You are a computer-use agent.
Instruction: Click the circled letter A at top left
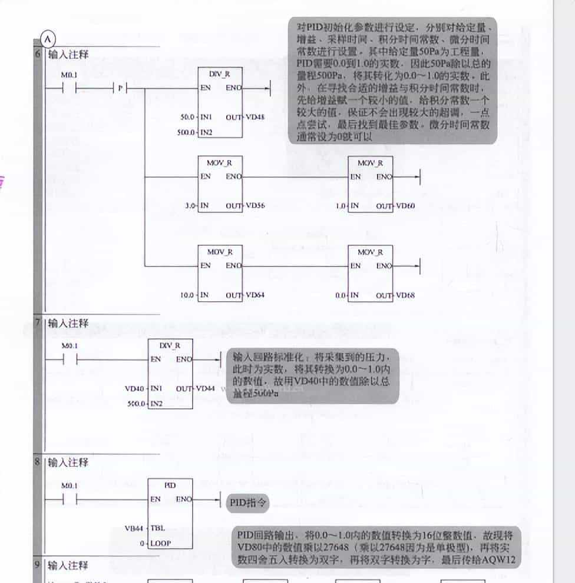point(47,39)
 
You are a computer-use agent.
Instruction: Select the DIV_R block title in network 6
point(219,75)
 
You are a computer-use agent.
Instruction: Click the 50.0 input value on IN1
point(187,117)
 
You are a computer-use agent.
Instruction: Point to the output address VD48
point(255,117)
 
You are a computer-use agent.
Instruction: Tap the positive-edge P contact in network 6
point(120,88)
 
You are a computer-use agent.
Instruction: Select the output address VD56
point(255,206)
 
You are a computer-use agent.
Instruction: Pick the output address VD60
point(405,206)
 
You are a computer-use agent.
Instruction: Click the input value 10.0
point(187,295)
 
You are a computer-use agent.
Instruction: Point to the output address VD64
point(255,295)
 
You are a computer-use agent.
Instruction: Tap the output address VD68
point(405,295)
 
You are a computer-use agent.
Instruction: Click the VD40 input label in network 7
point(134,389)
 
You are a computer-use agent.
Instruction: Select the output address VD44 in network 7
point(204,389)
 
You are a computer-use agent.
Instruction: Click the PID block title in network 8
point(170,485)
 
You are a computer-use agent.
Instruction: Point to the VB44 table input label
point(134,528)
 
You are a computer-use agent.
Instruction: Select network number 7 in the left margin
point(38,322)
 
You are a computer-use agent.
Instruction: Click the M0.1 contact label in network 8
point(70,485)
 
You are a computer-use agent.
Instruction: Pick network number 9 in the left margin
point(38,565)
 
